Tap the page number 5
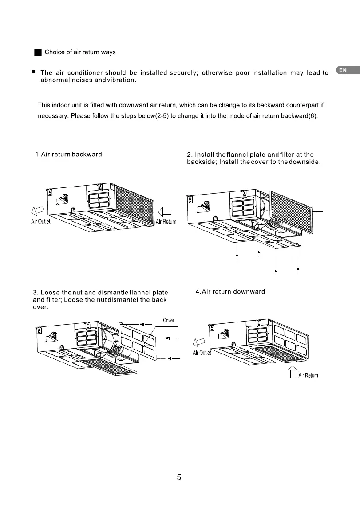[x=179, y=478]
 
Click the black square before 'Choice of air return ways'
[x=38, y=52]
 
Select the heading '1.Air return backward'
[x=68, y=155]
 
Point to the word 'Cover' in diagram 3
[x=169, y=321]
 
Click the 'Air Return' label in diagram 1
[x=166, y=222]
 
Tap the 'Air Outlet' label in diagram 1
[x=41, y=222]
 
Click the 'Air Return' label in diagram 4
[x=308, y=375]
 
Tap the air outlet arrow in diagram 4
[x=198, y=342]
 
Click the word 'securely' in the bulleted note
[x=183, y=73]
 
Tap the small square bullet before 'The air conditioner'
[x=33, y=72]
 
